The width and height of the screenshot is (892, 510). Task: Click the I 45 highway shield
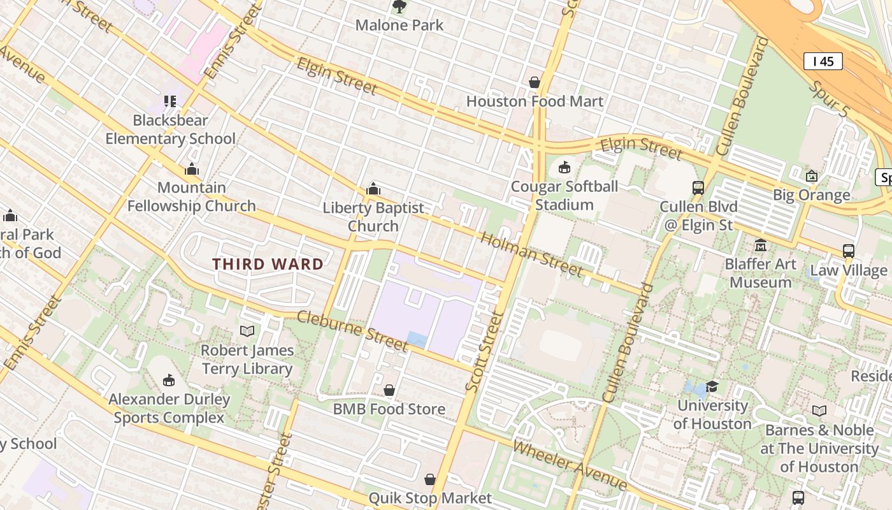(x=823, y=61)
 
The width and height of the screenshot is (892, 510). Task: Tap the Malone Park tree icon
(x=399, y=7)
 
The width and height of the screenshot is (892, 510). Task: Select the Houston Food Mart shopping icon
(x=535, y=82)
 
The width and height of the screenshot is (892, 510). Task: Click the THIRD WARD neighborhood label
(x=268, y=264)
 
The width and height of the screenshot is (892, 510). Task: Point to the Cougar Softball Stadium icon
(x=564, y=168)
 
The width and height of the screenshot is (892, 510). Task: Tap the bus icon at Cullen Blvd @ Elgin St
(x=698, y=188)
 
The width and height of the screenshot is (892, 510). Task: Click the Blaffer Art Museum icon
(x=760, y=245)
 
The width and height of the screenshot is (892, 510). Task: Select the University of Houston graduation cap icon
(x=712, y=386)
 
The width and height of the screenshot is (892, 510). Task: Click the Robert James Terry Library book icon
(x=247, y=331)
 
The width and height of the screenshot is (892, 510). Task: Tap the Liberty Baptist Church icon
(x=373, y=189)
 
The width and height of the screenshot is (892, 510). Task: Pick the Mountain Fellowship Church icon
(x=192, y=169)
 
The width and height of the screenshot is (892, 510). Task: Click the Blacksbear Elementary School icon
(x=170, y=101)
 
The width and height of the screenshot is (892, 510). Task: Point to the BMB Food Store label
(x=389, y=409)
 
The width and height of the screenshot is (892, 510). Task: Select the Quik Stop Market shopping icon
(x=430, y=479)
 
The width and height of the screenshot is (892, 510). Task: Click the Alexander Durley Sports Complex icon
(x=169, y=381)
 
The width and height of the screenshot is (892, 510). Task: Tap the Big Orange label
(x=811, y=195)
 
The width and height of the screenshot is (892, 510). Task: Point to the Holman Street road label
(x=531, y=255)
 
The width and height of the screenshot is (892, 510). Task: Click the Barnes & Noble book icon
(x=819, y=411)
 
